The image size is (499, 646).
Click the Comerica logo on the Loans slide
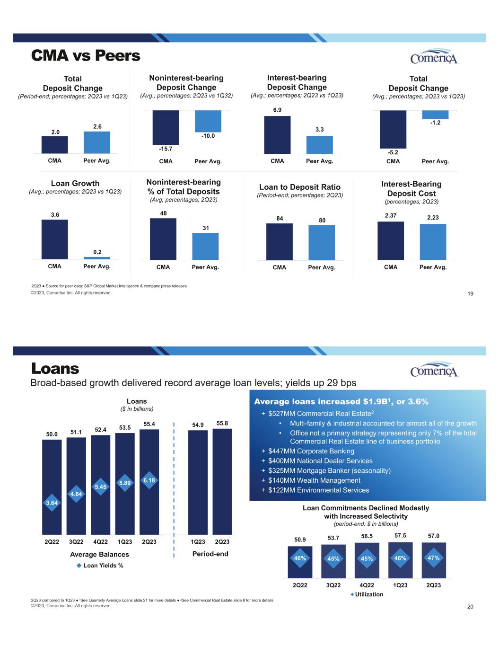pyautogui.click(x=434, y=369)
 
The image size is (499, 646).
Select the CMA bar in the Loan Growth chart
pyautogui.click(x=55, y=239)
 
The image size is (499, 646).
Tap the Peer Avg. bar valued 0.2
pyautogui.click(x=97, y=258)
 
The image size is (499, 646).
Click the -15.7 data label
pyautogui.click(x=166, y=149)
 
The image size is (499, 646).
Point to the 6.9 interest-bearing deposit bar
pyautogui.click(x=277, y=135)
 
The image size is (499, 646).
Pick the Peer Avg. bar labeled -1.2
pyautogui.click(x=435, y=115)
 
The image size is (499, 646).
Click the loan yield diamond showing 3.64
pyautogui.click(x=52, y=503)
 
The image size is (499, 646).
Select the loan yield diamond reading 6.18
pyautogui.click(x=149, y=480)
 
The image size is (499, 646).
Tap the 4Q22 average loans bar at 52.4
pyautogui.click(x=100, y=485)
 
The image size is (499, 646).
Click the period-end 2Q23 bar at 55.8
pyautogui.click(x=222, y=482)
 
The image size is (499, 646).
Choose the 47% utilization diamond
pyautogui.click(x=434, y=558)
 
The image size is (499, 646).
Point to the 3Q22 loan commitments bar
pyautogui.click(x=333, y=561)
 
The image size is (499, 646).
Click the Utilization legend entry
pyautogui.click(x=367, y=594)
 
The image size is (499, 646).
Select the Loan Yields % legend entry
pyautogui.click(x=100, y=566)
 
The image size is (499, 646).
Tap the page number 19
pyautogui.click(x=471, y=294)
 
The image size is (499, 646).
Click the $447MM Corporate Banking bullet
pyautogui.click(x=308, y=451)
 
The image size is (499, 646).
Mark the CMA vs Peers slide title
pyautogui.click(x=86, y=55)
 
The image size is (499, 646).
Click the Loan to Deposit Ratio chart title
pyautogui.click(x=300, y=187)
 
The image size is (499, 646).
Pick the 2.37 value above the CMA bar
pyautogui.click(x=391, y=215)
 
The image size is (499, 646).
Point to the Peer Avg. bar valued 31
pyautogui.click(x=205, y=247)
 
